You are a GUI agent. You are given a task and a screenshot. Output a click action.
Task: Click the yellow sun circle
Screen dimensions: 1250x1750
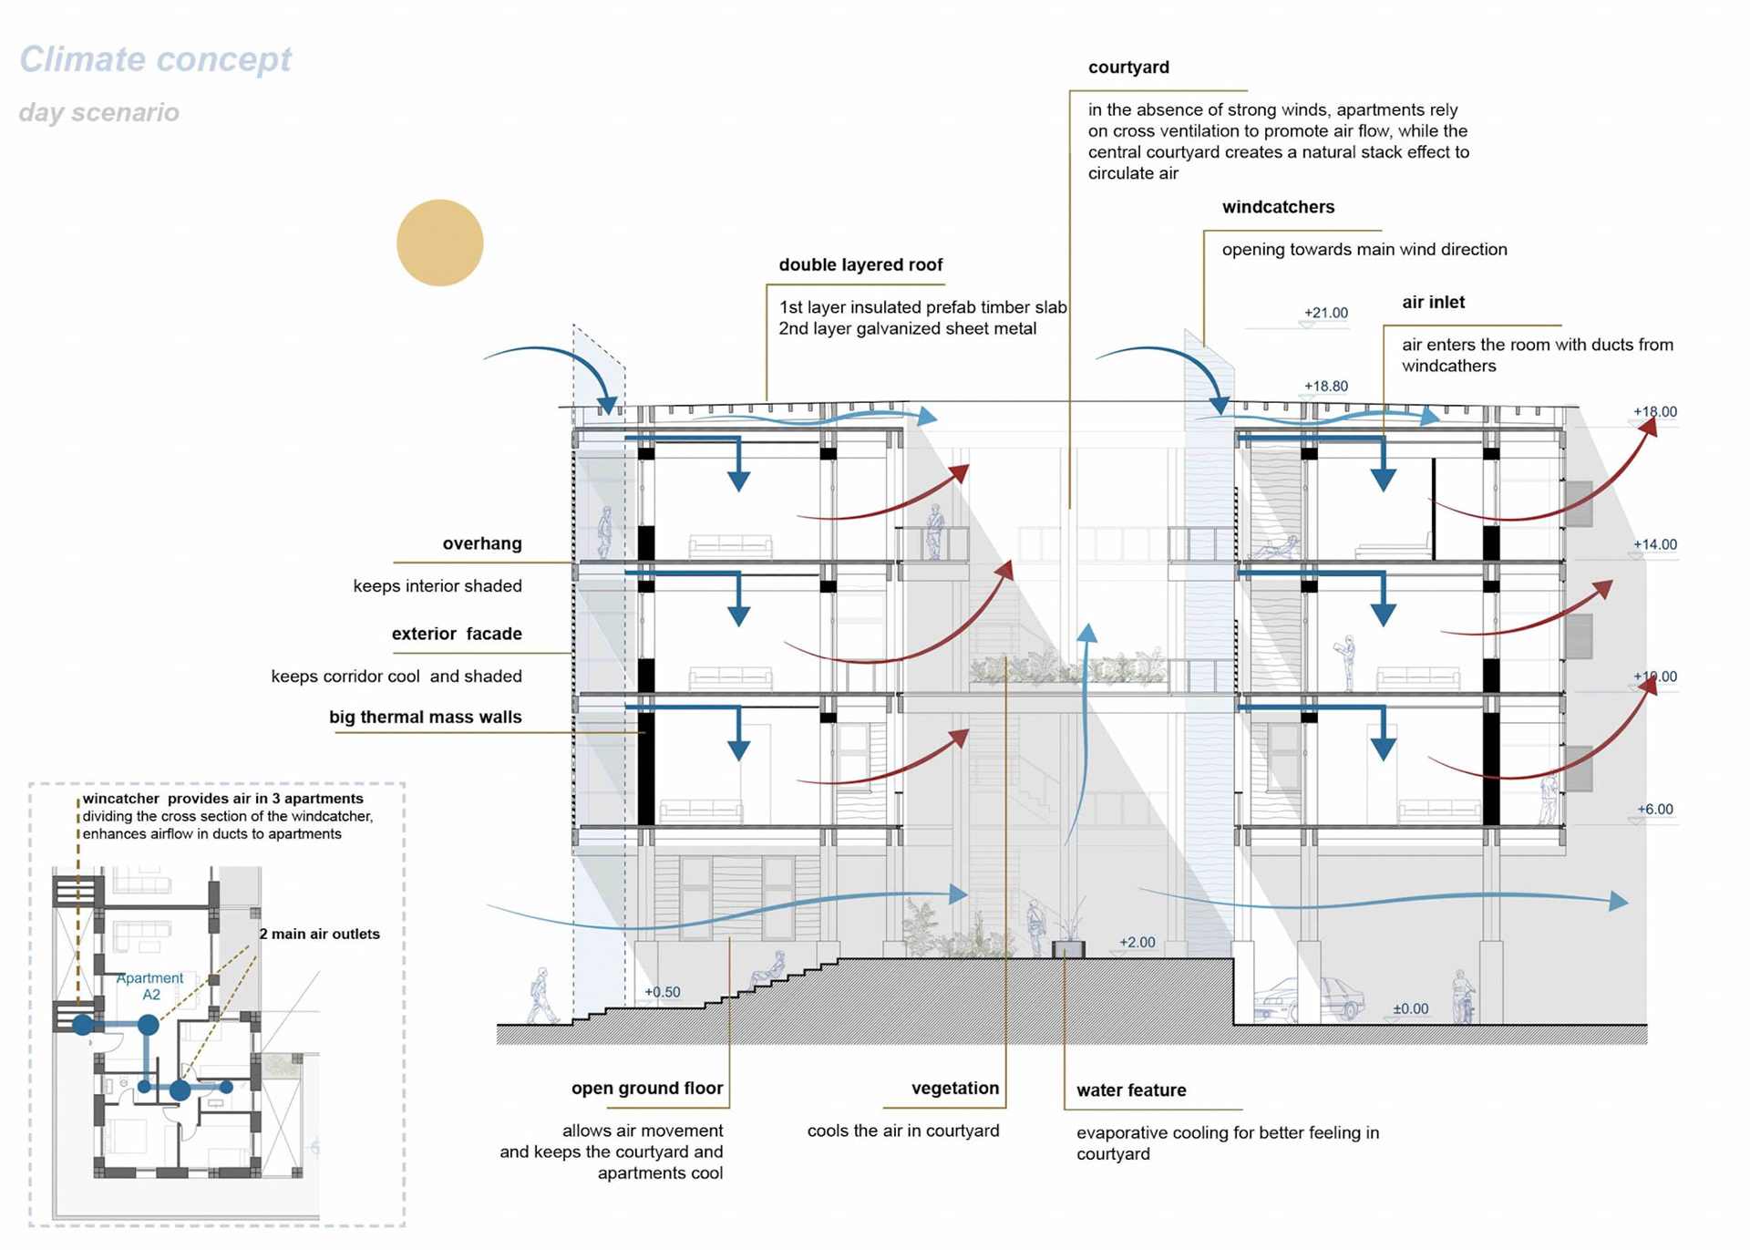point(439,243)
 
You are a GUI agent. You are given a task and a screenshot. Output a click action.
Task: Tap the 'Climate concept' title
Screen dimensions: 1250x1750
point(155,59)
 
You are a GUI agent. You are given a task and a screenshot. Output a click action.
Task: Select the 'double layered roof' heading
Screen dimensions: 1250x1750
point(860,264)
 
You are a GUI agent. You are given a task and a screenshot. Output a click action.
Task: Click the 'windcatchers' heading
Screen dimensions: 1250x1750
point(1278,207)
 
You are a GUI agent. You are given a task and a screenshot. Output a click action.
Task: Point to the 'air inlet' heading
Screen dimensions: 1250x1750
point(1433,302)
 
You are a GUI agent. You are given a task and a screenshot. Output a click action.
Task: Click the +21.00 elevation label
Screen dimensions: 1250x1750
point(1325,313)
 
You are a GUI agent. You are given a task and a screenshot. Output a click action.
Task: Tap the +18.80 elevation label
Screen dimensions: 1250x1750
point(1325,386)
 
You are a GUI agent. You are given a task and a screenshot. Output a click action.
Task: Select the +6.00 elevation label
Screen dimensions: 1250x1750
point(1654,809)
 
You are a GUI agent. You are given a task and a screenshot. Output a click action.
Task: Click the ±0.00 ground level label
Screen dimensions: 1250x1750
point(1410,1008)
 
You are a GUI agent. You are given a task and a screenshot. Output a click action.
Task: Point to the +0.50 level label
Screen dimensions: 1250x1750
point(662,992)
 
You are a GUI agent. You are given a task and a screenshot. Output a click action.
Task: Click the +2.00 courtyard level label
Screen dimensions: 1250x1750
point(1137,942)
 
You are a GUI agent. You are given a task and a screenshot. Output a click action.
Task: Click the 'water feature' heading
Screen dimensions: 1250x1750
point(1131,1090)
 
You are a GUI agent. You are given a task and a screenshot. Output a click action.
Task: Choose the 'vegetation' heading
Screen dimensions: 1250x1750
point(955,1088)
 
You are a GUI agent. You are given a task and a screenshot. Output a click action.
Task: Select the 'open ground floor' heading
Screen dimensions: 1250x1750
point(647,1088)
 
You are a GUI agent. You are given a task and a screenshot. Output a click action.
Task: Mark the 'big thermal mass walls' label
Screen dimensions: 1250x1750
point(425,717)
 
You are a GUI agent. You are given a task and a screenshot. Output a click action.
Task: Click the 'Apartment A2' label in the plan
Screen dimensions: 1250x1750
point(150,986)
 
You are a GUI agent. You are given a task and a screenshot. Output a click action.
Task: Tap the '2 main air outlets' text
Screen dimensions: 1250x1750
point(319,934)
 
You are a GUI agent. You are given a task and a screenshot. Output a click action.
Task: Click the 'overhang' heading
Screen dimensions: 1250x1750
point(482,543)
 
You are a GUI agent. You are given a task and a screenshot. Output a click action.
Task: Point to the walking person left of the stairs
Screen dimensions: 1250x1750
point(542,997)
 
